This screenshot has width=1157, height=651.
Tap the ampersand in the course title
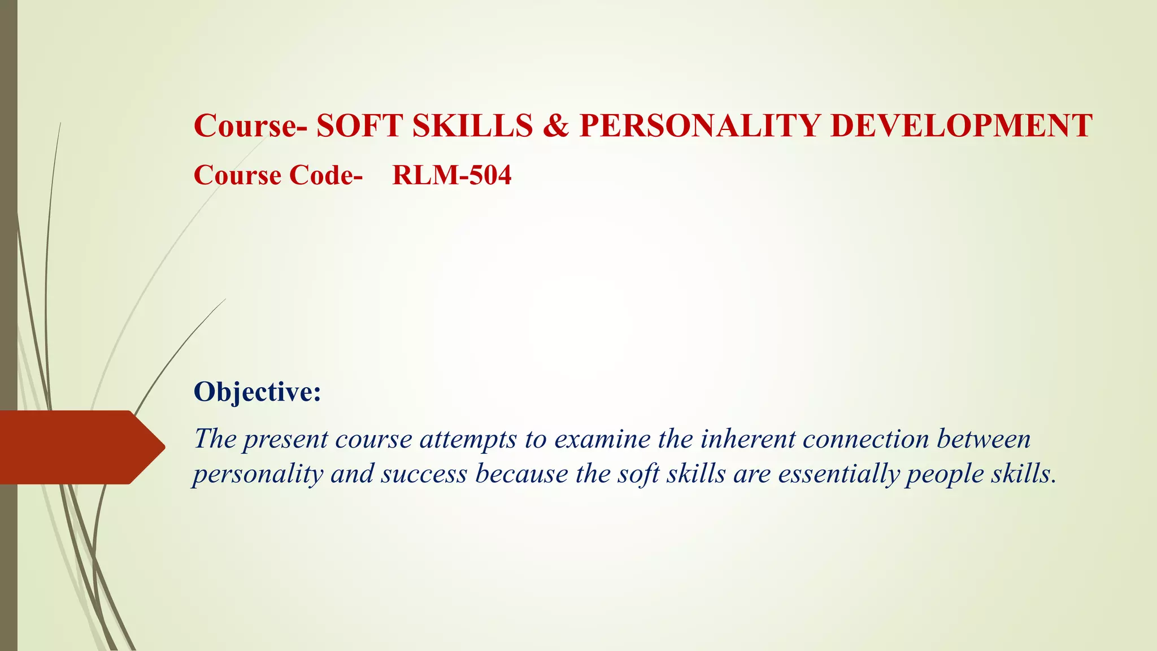(x=556, y=125)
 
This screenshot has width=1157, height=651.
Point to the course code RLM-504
(x=451, y=175)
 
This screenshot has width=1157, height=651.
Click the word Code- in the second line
(x=325, y=175)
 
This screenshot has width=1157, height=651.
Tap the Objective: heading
(x=257, y=392)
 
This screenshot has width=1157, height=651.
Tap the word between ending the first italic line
(x=984, y=439)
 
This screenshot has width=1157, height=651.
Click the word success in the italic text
(x=424, y=474)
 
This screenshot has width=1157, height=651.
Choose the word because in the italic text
(x=521, y=474)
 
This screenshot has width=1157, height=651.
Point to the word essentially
(x=838, y=474)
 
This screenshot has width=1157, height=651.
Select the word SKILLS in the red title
(x=472, y=125)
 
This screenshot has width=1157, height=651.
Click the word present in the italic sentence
(x=285, y=440)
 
